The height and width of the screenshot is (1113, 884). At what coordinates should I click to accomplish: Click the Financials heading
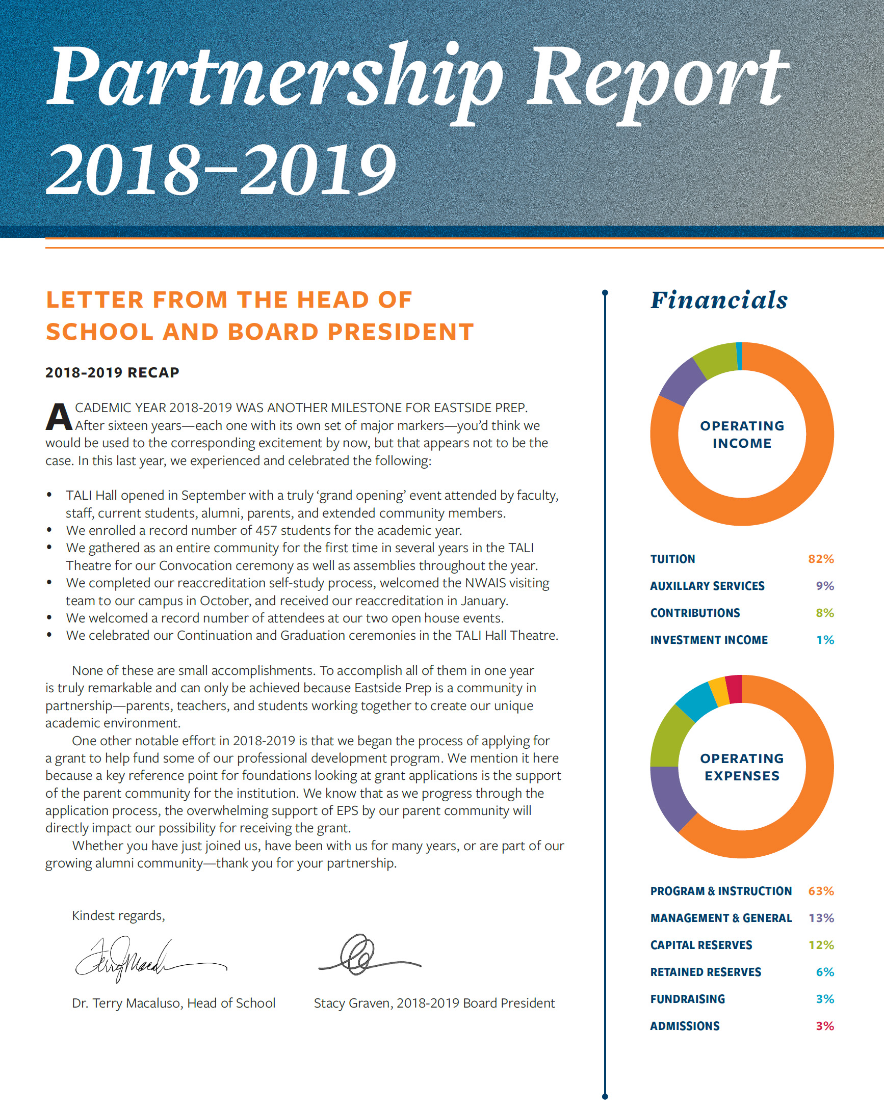coord(719,300)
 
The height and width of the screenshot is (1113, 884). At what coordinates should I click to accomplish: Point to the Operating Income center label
coord(741,434)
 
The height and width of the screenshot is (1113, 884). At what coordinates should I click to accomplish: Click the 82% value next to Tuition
coord(820,559)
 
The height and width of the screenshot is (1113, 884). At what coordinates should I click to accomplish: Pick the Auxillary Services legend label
coord(707,586)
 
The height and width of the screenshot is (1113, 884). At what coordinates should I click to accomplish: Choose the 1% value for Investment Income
coord(824,640)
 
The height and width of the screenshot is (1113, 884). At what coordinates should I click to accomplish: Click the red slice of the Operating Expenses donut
coord(734,689)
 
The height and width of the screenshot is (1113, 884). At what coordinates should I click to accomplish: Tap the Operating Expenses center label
coord(741,767)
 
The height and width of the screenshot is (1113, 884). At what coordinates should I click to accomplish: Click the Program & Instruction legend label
coord(721,891)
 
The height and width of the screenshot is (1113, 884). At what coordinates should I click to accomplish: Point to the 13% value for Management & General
coord(821,918)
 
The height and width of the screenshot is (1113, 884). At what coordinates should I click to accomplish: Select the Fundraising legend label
coord(687,999)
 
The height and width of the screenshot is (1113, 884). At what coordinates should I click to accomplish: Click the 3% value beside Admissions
coord(824,1026)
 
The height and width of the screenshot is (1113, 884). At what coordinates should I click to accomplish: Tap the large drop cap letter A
coord(59,417)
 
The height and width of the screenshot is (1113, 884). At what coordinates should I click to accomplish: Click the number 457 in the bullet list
coord(266,530)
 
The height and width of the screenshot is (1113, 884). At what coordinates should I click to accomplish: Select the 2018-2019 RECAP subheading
coord(112,372)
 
